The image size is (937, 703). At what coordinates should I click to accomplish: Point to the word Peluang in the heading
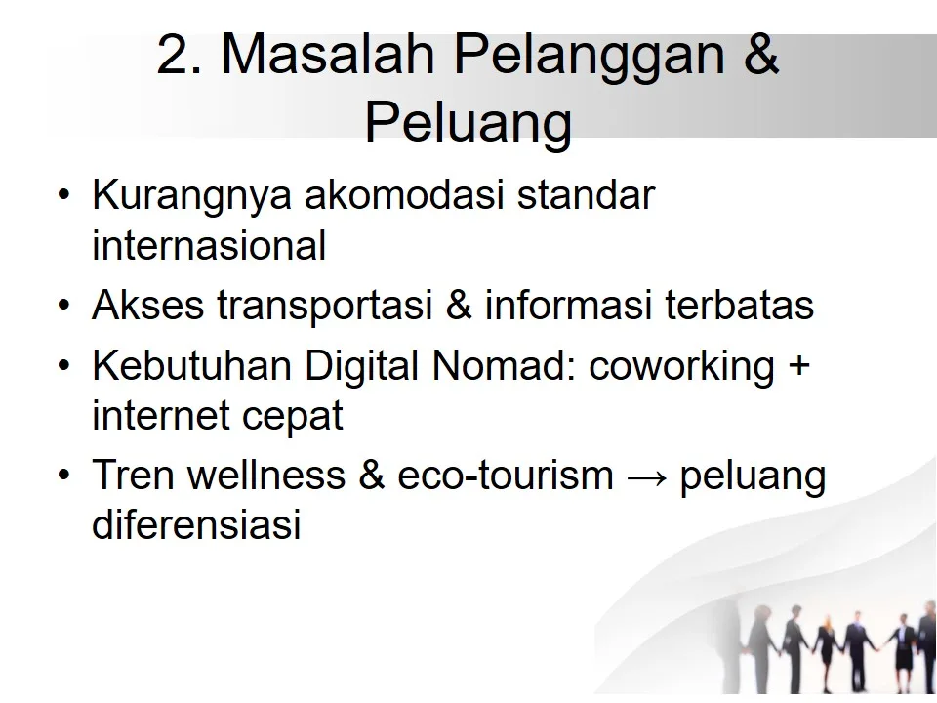468,123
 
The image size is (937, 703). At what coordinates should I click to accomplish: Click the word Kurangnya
192,195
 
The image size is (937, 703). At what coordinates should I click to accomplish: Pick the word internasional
209,246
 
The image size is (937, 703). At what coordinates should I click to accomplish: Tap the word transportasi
326,306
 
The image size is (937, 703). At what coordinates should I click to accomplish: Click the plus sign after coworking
797,368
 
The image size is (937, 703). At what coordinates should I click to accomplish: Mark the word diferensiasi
195,527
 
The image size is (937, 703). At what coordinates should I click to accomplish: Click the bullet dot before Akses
64,307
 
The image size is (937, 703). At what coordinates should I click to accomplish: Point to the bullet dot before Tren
64,477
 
